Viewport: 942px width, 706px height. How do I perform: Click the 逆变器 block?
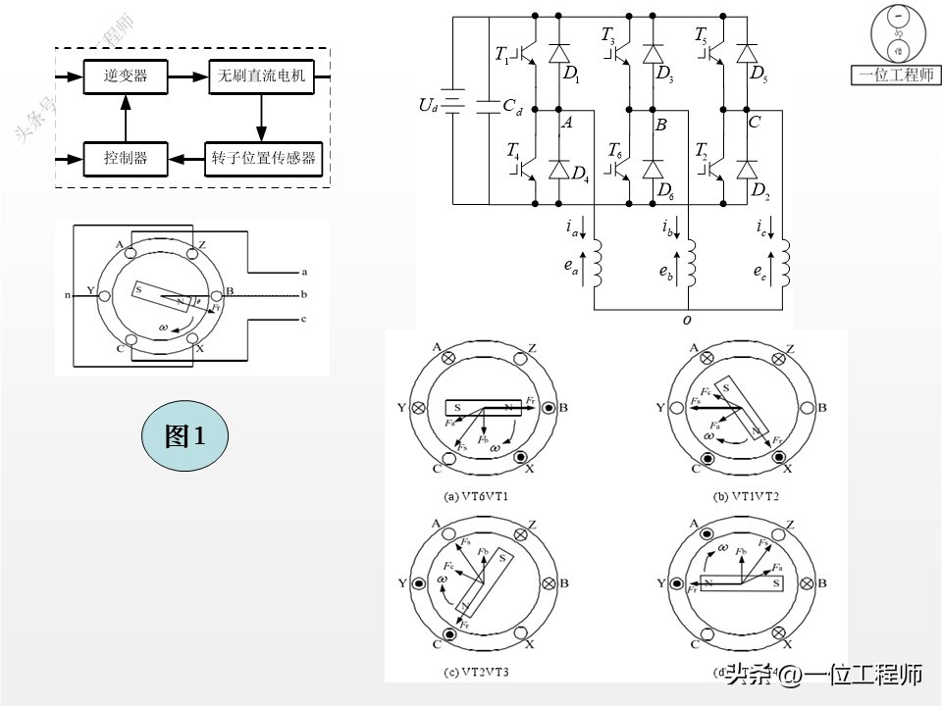tap(125, 76)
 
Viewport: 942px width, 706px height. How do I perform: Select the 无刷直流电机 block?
tap(261, 76)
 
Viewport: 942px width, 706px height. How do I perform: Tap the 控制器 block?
tap(125, 157)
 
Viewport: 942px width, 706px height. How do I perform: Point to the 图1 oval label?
tap(184, 436)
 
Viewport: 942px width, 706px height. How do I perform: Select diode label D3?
tap(664, 74)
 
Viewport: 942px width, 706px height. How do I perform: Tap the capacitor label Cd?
tap(512, 108)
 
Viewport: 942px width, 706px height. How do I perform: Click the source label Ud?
tap(428, 104)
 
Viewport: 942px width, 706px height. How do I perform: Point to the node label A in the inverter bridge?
tap(566, 123)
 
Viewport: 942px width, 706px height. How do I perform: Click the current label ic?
tap(761, 228)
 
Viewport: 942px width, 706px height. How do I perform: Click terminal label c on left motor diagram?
tap(304, 318)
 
